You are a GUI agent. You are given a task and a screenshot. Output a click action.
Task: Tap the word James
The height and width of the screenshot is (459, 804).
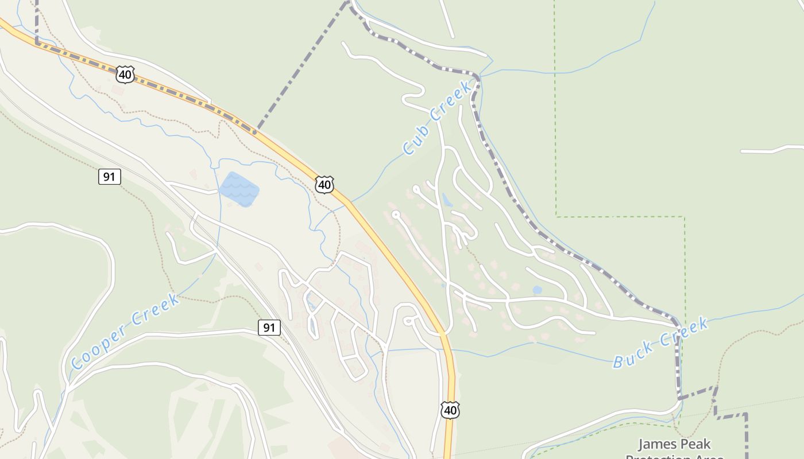click(659, 444)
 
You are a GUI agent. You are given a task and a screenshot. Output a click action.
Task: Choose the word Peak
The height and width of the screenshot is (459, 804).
click(696, 444)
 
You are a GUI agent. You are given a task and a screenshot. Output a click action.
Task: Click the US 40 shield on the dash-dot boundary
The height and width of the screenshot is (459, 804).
click(125, 74)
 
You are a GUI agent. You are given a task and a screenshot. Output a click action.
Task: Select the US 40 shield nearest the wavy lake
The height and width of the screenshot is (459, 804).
click(324, 185)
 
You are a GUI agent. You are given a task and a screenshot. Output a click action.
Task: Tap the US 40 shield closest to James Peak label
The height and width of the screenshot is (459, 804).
click(450, 410)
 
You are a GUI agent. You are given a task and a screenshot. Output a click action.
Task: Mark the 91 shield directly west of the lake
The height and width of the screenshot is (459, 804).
click(109, 177)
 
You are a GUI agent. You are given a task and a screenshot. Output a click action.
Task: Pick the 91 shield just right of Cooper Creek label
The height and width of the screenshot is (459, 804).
click(269, 328)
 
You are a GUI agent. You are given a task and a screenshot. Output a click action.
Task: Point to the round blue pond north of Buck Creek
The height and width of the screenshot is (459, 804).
click(537, 290)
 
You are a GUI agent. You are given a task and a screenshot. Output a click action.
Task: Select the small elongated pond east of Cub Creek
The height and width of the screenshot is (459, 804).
click(447, 200)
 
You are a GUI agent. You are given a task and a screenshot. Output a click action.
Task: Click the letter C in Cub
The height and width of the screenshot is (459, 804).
click(408, 149)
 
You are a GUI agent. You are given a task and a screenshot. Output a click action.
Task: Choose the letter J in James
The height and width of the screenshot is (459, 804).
click(642, 444)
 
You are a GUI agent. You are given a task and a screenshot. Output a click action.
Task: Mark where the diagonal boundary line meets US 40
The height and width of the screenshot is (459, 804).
click(256, 131)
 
